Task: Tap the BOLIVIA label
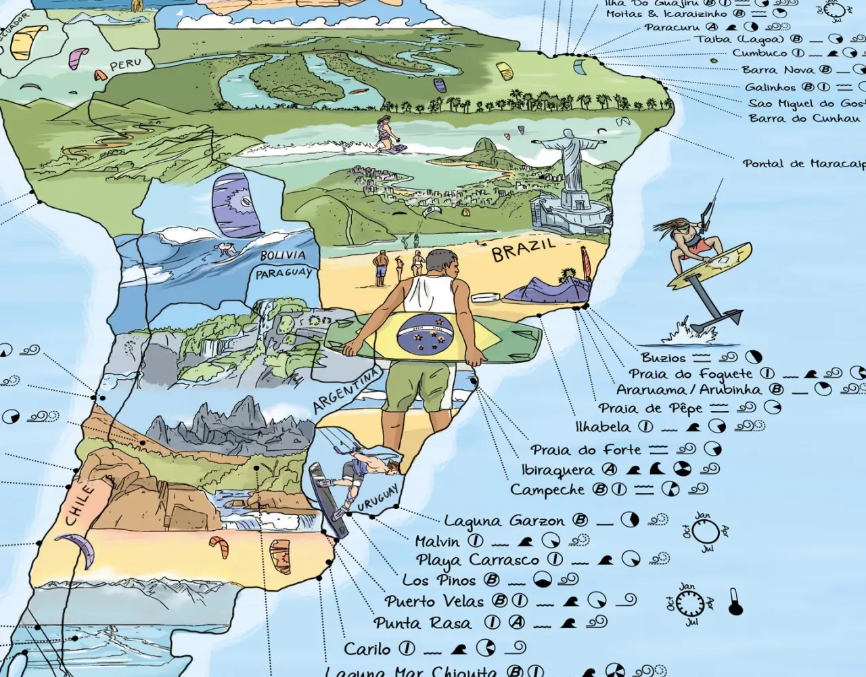coord(283,256)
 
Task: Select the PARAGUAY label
coord(284,273)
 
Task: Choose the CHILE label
coord(81,504)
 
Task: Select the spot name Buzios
coord(663,357)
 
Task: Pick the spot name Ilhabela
coord(603,427)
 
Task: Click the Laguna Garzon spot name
coord(504,521)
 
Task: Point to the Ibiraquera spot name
coord(559,469)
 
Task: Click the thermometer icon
coord(735,602)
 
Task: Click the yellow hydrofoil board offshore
coord(708,266)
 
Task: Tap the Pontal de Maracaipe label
coord(803,164)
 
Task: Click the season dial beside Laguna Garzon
coord(705,532)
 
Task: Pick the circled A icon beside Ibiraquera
coord(610,469)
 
